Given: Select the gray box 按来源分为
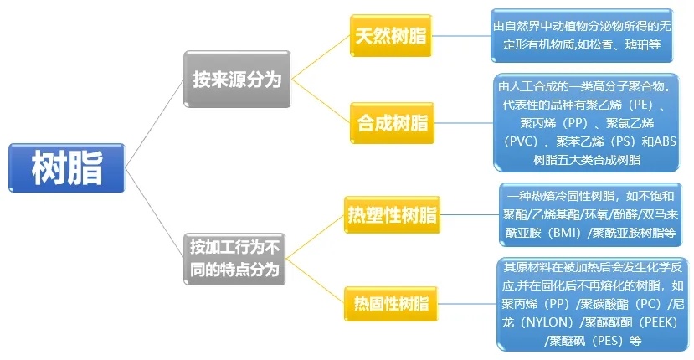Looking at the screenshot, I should (237, 79).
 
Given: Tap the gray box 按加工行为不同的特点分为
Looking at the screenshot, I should (237, 259).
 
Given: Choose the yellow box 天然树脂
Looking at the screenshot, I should (391, 36).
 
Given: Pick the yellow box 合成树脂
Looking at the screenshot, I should (392, 124).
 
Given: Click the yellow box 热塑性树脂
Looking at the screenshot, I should (392, 215).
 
